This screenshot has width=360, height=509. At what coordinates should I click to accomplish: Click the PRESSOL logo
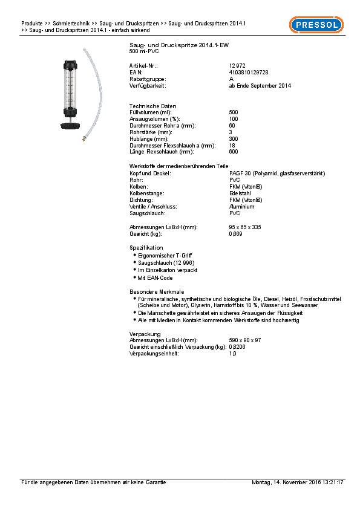tap(316, 25)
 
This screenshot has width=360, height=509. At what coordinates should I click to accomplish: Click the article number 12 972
tap(237, 65)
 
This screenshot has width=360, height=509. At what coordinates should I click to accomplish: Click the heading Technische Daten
tap(149, 106)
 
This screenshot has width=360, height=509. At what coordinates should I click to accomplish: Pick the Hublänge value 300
tap(234, 139)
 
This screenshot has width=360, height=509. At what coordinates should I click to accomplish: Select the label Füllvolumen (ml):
tap(151, 112)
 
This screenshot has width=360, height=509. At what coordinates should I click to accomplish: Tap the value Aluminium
tap(241, 206)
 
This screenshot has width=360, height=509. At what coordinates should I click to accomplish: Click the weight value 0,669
tap(236, 233)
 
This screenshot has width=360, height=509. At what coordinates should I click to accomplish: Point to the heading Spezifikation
tap(146, 248)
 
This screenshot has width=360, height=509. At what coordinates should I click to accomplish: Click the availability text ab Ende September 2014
tap(260, 86)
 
